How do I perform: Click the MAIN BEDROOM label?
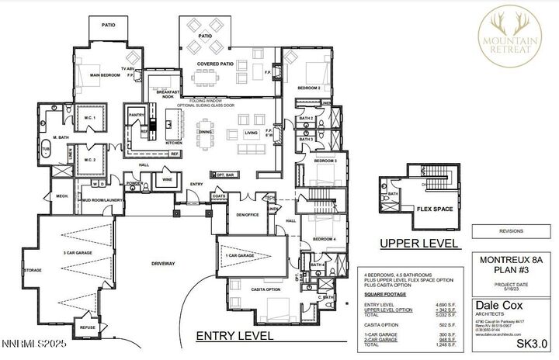[104, 75]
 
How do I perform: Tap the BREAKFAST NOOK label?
[162, 92]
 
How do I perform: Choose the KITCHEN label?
[173, 144]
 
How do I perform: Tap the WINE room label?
[167, 179]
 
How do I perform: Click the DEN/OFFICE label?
[248, 213]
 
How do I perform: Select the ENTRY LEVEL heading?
[234, 336]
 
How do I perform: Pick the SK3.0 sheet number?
[533, 342]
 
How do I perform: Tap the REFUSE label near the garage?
[88, 328]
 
